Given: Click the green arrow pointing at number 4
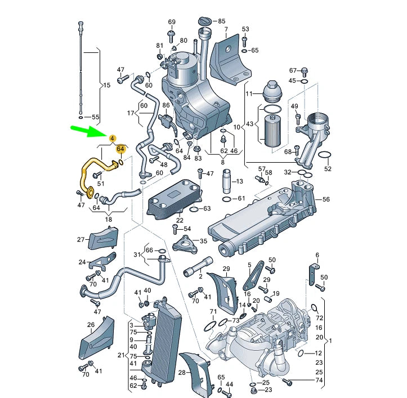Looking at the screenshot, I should [x=88, y=131].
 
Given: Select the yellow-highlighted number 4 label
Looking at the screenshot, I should [x=112, y=138].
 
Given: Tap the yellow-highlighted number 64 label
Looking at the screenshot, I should [x=120, y=149].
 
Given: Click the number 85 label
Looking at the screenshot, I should [x=221, y=21].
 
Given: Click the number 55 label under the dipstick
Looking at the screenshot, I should [x=95, y=118].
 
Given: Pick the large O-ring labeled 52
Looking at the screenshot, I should [x=325, y=155].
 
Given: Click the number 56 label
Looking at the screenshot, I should [x=326, y=199].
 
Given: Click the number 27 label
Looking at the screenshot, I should [x=80, y=239].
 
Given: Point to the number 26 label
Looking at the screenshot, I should [x=91, y=325].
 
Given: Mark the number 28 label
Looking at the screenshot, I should [x=182, y=373].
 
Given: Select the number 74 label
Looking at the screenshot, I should [x=319, y=381].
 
